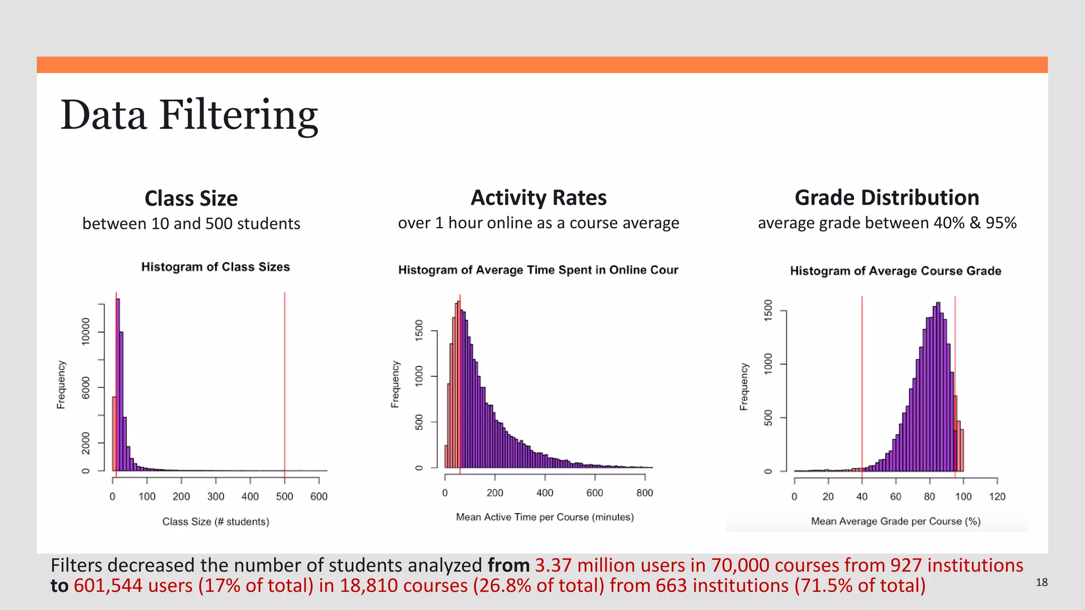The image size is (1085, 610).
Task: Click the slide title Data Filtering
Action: point(189,115)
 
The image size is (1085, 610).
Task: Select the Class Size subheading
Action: point(191,199)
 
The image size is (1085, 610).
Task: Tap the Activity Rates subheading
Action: point(538,198)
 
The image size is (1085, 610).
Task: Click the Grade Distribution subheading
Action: point(886,198)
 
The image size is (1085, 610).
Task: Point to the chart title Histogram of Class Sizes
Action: point(215,267)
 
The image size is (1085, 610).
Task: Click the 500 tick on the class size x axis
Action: point(284,496)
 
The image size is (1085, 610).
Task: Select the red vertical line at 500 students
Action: point(284,381)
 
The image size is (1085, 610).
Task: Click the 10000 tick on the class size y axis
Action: point(86,331)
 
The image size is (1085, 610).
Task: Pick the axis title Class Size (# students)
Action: point(216,522)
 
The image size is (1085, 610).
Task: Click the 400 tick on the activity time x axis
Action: point(545,493)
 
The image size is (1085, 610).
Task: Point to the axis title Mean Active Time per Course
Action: point(545,517)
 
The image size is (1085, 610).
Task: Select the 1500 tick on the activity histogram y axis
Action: point(419,330)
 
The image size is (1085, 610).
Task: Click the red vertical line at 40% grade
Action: point(862,381)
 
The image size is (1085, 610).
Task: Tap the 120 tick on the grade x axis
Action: point(997,497)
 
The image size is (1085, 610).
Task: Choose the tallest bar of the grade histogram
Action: point(938,387)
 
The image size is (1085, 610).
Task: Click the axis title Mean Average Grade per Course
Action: point(895,521)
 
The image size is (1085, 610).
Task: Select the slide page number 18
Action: point(1042,582)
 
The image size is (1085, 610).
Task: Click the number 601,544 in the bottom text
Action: point(108,586)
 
